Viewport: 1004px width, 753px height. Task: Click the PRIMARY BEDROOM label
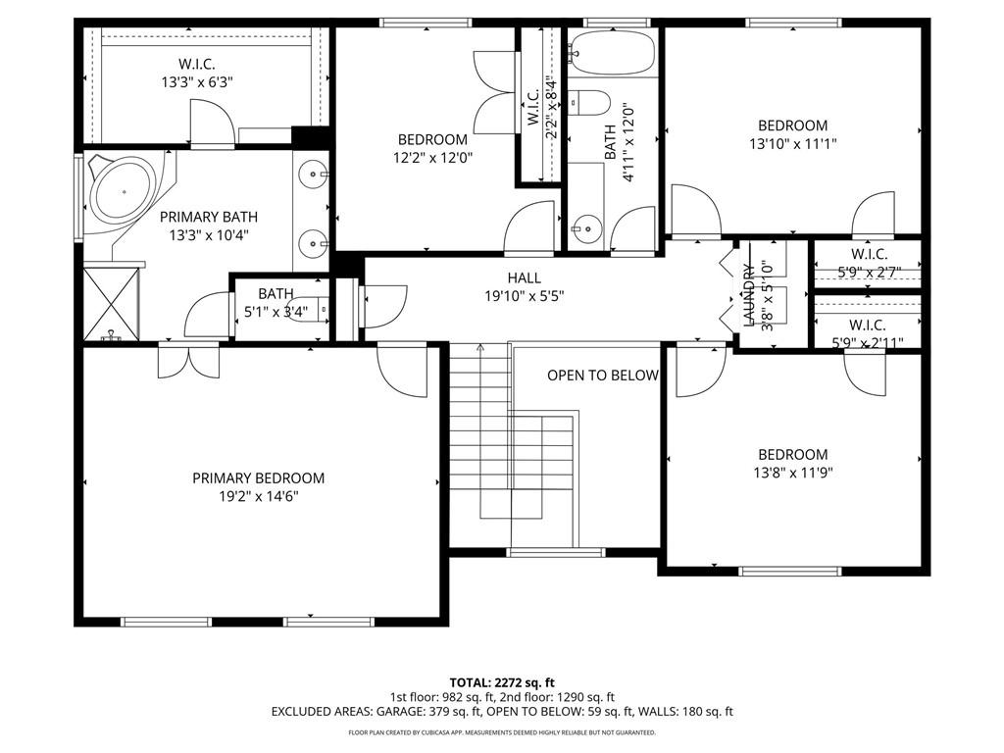click(258, 478)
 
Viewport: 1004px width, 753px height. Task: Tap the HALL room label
click(524, 277)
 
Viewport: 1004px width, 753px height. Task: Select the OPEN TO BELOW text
click(603, 376)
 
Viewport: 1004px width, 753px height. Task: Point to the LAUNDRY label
click(748, 294)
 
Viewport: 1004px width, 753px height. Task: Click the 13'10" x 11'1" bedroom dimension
click(792, 144)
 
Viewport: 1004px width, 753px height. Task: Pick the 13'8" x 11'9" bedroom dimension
click(792, 474)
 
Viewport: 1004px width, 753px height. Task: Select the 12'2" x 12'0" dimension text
click(432, 158)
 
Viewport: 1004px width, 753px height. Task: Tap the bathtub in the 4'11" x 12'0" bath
click(612, 50)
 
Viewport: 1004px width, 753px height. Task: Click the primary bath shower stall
click(112, 304)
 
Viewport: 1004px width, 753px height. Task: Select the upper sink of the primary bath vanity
click(312, 174)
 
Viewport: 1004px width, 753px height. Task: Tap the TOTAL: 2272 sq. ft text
click(501, 682)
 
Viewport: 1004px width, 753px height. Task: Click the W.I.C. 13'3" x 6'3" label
click(196, 73)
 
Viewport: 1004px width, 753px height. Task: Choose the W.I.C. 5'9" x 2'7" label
click(869, 263)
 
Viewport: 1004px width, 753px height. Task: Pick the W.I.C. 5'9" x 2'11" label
click(868, 333)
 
